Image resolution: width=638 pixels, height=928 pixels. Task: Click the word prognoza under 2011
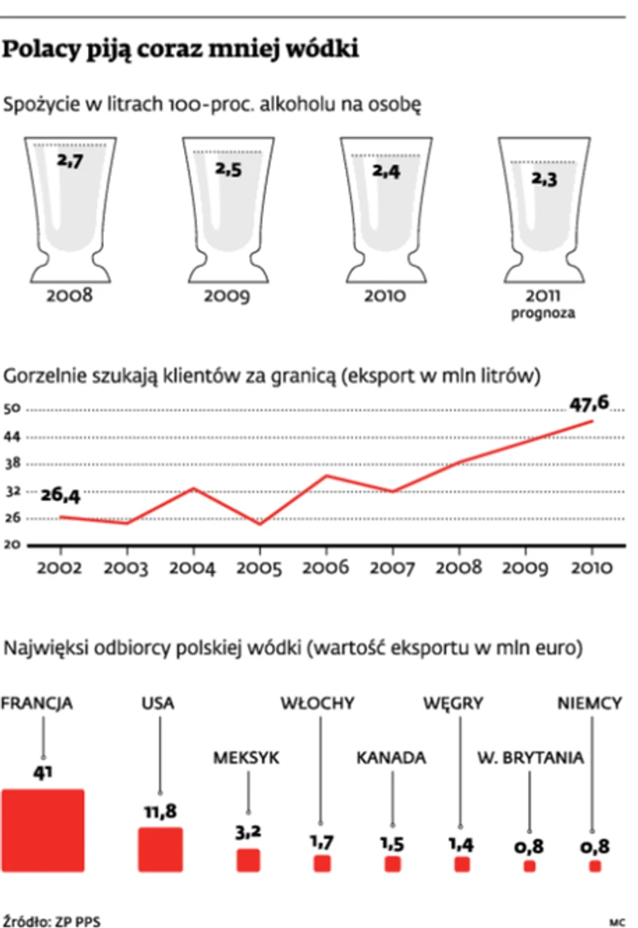tap(543, 313)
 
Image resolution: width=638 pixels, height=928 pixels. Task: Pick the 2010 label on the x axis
tap(592, 567)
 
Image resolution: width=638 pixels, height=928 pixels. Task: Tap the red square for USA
tap(160, 849)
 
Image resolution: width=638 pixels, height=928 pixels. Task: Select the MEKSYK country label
tap(246, 757)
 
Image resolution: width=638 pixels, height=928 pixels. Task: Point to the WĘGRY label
tap(453, 704)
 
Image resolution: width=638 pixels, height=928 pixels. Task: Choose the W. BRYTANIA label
tap(530, 757)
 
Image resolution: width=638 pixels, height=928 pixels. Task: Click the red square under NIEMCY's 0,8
tap(594, 867)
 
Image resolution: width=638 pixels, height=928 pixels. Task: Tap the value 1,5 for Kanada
tap(392, 843)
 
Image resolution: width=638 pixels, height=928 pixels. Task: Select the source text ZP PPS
tap(78, 921)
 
